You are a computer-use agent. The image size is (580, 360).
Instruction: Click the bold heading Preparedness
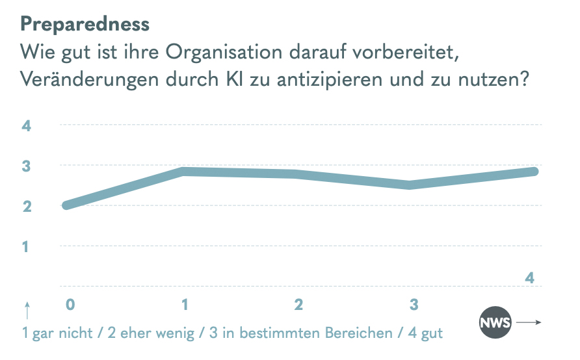(85, 24)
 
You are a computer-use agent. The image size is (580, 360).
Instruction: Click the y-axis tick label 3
(27, 166)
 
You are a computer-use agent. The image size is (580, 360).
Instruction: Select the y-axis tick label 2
(27, 207)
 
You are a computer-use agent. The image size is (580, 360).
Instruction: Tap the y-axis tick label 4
(27, 126)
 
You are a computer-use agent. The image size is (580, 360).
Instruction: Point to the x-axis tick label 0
(70, 303)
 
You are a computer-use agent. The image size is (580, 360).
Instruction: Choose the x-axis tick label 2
(298, 303)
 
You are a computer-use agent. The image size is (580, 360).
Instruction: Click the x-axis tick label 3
(413, 303)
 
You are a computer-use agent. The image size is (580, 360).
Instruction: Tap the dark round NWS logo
(495, 322)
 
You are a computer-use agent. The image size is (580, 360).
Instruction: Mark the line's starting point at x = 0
(66, 205)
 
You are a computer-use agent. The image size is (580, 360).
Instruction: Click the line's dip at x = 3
(410, 185)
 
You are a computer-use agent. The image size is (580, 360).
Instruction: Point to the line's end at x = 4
(535, 172)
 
